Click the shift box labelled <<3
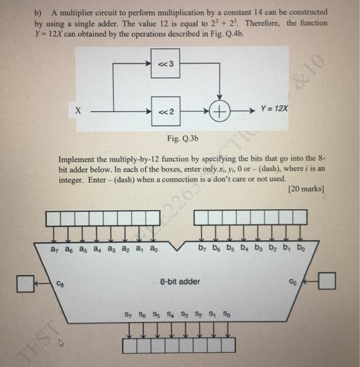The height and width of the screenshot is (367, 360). pos(165,64)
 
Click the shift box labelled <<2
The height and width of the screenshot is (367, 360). pos(165,111)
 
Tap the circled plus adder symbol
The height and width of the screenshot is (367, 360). pos(219,111)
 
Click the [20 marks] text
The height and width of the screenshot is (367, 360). pos(306,189)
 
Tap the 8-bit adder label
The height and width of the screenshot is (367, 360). pos(180,282)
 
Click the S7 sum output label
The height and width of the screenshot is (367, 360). pos(128,315)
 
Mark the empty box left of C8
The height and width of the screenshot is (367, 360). pos(24,283)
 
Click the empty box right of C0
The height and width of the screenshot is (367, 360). pos(327,282)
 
